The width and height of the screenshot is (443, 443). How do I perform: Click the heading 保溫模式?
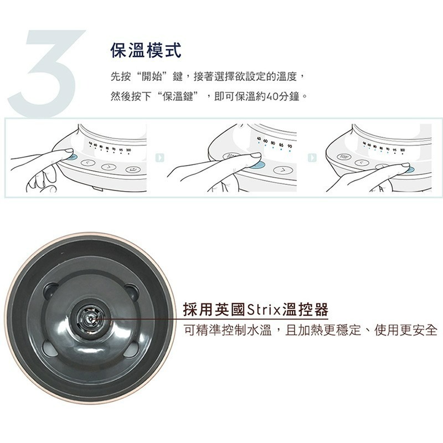click(x=146, y=51)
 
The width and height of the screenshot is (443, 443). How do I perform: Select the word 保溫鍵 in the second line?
click(x=178, y=96)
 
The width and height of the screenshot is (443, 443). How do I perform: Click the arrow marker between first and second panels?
click(x=159, y=158)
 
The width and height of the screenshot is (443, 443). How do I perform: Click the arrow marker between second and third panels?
click(x=311, y=158)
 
